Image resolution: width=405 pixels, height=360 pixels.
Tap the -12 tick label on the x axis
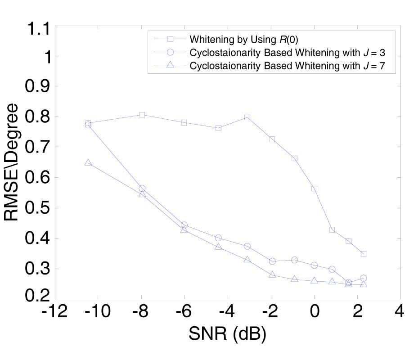point(55,311)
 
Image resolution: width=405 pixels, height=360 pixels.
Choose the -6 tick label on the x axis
point(184,311)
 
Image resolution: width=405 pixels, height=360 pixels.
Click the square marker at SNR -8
point(142,115)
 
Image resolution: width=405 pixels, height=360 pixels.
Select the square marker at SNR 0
point(314,189)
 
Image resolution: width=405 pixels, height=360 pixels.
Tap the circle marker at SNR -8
point(142,189)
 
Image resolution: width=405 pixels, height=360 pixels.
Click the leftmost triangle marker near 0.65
point(88,162)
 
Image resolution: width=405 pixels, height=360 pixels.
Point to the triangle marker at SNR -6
point(184,229)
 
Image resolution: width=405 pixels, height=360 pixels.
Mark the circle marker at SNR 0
point(314,265)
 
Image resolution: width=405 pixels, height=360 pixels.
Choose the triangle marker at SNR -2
point(272,274)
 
